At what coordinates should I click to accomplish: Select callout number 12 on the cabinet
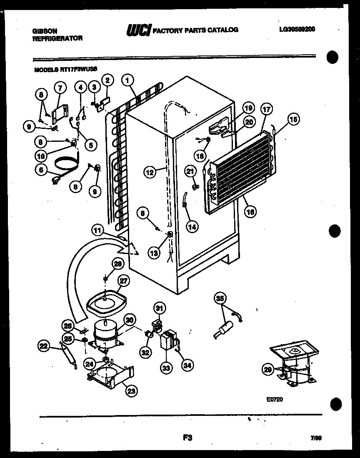click(150, 171)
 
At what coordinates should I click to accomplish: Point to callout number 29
click(268, 368)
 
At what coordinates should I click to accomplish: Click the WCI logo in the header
click(138, 30)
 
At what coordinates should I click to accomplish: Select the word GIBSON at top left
click(45, 31)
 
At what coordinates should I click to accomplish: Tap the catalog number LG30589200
click(297, 29)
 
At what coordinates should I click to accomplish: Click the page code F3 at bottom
click(187, 438)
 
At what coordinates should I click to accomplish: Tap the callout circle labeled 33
click(167, 367)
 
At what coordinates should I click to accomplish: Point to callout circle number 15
click(293, 119)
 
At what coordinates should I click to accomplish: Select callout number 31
click(160, 308)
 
